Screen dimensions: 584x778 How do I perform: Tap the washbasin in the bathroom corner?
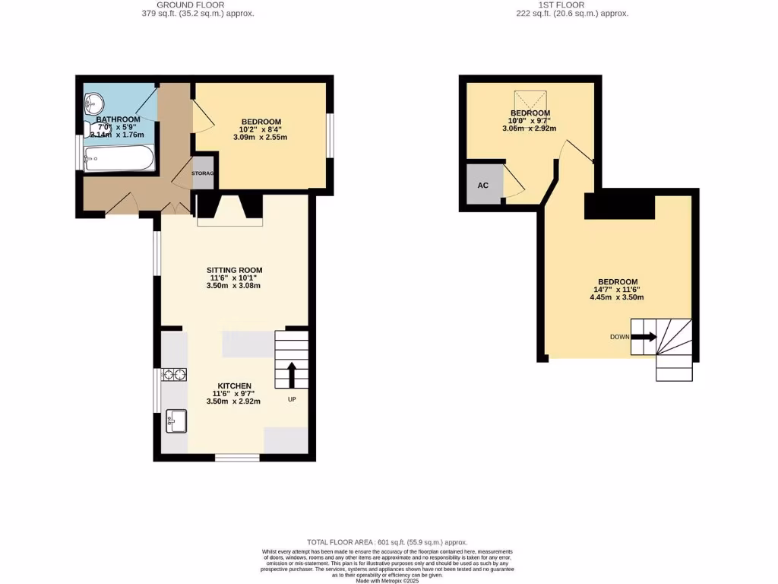point(93,101)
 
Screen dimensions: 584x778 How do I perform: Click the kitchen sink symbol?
point(176,421)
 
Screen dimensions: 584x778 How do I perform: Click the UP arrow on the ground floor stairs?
point(291,375)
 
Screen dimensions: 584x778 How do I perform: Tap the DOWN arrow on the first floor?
point(643,337)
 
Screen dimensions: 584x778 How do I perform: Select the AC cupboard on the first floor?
point(483,185)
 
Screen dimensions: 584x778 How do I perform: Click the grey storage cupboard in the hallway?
point(203,173)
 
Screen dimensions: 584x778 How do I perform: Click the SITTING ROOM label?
point(235,270)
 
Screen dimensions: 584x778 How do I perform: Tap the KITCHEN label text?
point(235,386)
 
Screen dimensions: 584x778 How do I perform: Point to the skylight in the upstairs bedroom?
point(530,100)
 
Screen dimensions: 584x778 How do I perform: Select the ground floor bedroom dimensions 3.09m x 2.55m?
point(261,139)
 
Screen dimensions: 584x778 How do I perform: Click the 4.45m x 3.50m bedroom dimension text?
point(616,297)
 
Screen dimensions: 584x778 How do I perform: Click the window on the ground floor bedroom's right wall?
point(330,135)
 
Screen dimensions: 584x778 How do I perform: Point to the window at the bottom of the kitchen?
point(236,458)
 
